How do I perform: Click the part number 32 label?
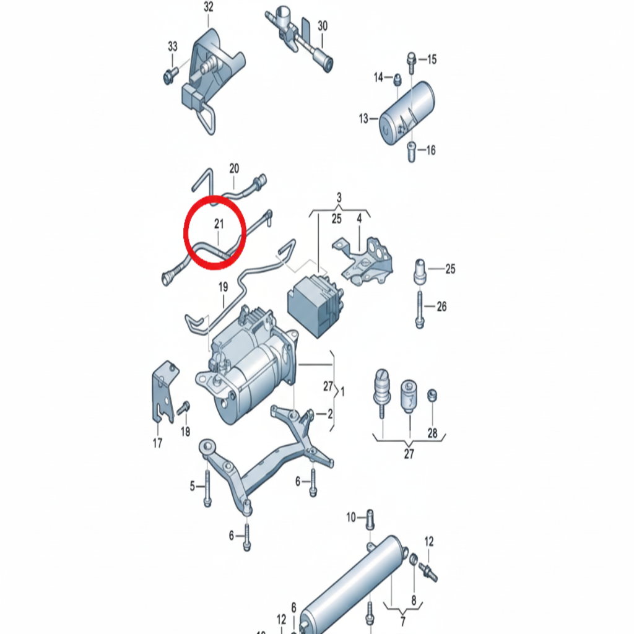[208, 7]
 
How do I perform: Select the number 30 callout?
[322, 26]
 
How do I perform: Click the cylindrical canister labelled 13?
[406, 113]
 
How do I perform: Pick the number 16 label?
[431, 150]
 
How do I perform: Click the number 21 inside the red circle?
[219, 224]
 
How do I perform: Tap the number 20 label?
[234, 168]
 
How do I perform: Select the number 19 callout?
[223, 287]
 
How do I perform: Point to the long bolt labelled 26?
[420, 310]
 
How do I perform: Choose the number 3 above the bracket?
[339, 198]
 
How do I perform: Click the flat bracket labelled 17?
[165, 391]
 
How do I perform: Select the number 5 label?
[193, 486]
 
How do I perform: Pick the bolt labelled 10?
[370, 519]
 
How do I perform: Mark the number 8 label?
[414, 601]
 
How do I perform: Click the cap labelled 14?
[397, 80]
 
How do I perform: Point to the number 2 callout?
[331, 414]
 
